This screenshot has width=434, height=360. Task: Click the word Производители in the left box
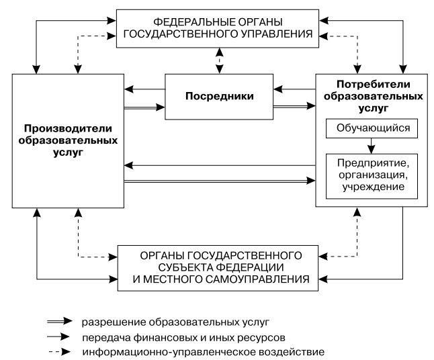pos(67,128)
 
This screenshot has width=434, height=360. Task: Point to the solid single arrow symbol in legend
pos(60,333)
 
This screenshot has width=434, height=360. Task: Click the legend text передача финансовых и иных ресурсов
pos(175,333)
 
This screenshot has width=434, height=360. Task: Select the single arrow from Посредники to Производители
pos(144,87)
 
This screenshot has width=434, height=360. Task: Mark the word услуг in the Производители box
pos(67,154)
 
